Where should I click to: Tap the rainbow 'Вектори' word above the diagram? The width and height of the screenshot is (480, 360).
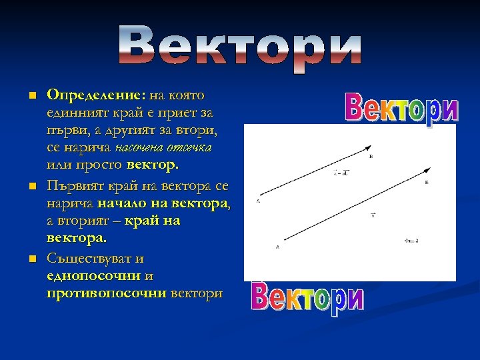[x=402, y=108]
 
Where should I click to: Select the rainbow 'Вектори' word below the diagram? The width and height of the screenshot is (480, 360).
[x=307, y=298]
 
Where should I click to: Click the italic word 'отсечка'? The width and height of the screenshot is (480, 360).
[x=192, y=147]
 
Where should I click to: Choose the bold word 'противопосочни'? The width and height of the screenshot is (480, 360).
[x=107, y=293]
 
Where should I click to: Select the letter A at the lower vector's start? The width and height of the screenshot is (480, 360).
[x=277, y=247]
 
